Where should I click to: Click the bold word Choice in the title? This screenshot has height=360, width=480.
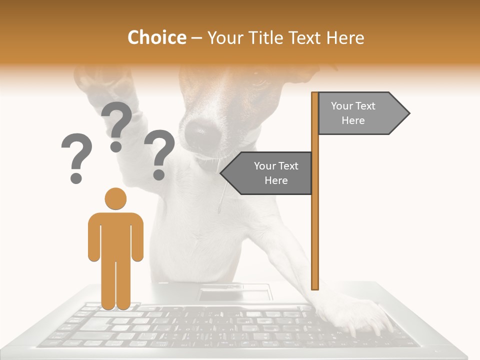click(156, 37)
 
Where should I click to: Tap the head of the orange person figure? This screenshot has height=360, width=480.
click(115, 198)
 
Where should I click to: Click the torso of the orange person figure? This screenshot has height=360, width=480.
click(115, 235)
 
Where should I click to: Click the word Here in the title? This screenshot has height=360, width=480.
click(345, 37)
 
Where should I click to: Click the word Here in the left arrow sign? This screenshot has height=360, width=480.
click(276, 180)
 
